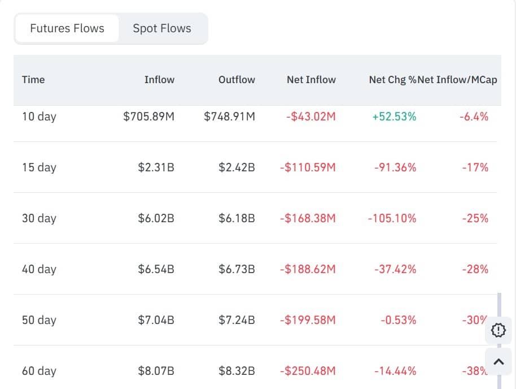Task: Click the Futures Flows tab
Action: pos(67,28)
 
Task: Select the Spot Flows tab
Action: pos(162,28)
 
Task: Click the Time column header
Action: pos(33,80)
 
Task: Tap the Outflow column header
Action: pos(237,80)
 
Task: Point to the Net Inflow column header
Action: pos(311,80)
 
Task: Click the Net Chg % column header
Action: pos(392,80)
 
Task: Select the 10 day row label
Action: pos(39,116)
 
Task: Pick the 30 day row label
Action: pos(39,218)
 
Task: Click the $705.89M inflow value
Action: pos(148,116)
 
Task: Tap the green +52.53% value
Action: pos(394,116)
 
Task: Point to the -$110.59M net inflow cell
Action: pos(308,167)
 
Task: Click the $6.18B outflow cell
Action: pos(237,218)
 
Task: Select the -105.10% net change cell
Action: pos(392,218)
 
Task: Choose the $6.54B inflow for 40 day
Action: pos(156,269)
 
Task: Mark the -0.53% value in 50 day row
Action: pos(398,320)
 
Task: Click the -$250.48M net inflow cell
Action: pos(308,371)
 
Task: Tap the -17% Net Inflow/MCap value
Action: pos(475,167)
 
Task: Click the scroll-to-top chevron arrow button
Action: pos(498,361)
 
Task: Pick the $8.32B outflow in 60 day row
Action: pos(237,371)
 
